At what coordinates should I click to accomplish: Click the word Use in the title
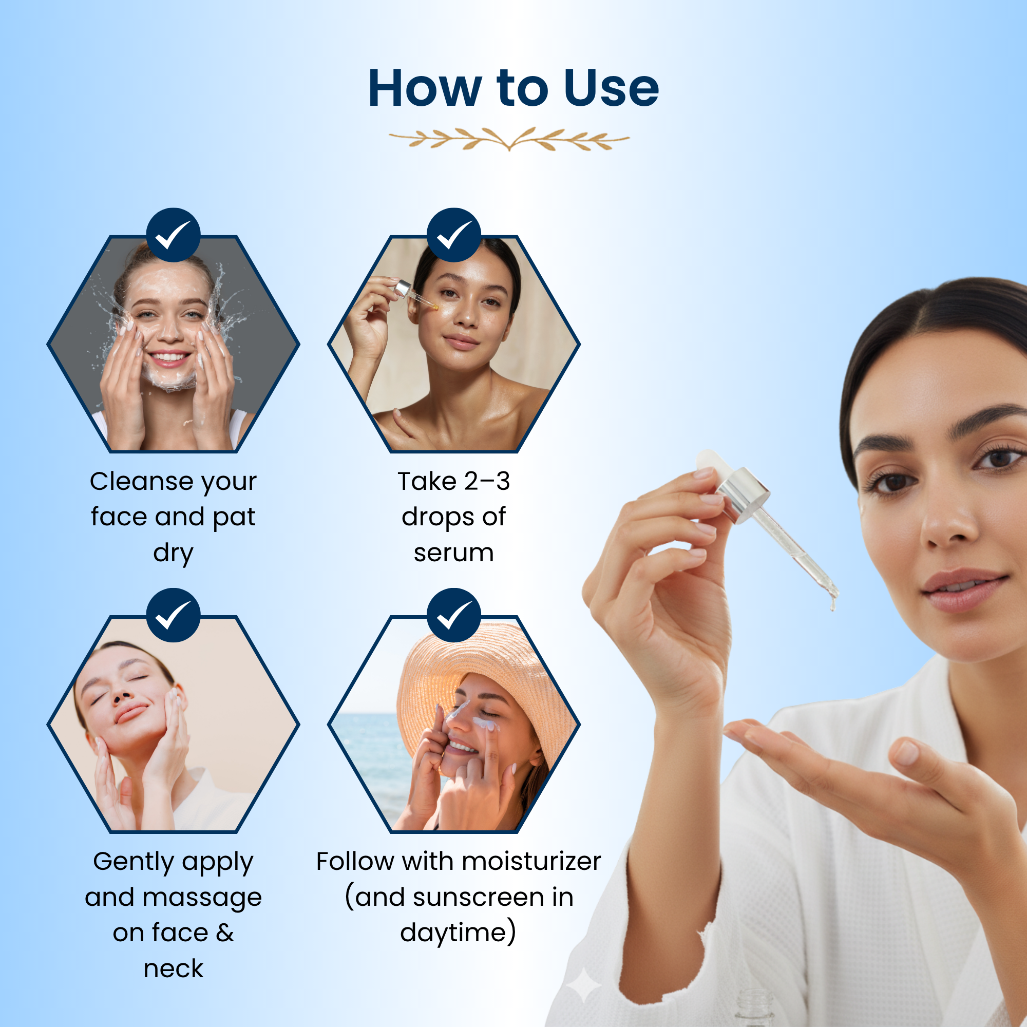coord(611,88)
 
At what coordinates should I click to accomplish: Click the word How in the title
coord(425,88)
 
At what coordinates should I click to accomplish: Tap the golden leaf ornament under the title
coord(509,139)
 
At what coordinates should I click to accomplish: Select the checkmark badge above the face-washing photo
coord(173,235)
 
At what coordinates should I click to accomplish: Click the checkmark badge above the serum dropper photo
coord(453,235)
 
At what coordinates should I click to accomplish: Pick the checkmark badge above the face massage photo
coord(173,615)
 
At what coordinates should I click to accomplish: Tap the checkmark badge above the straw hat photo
coord(453,615)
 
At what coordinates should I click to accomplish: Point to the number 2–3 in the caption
coord(487,482)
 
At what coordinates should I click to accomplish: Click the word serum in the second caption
coord(453,553)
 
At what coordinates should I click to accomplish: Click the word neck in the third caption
coord(173,969)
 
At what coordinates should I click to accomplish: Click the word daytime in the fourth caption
coord(453,934)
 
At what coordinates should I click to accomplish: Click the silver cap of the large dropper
coord(743,495)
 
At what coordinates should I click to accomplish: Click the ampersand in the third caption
coord(225,934)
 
